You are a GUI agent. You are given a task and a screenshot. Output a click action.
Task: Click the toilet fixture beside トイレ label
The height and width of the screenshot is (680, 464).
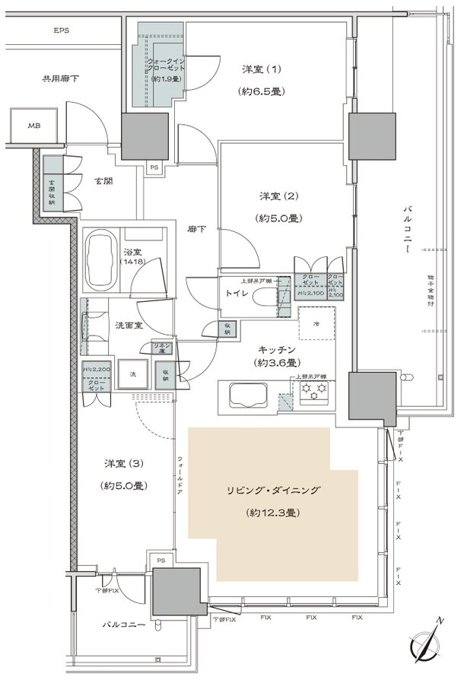(263, 300)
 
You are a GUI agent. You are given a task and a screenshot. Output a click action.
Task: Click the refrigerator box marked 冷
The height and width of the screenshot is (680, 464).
(316, 323)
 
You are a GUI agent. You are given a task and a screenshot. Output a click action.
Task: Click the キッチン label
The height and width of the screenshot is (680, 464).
(275, 349)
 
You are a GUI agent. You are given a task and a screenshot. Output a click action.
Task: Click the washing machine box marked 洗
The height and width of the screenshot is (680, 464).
(132, 374)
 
